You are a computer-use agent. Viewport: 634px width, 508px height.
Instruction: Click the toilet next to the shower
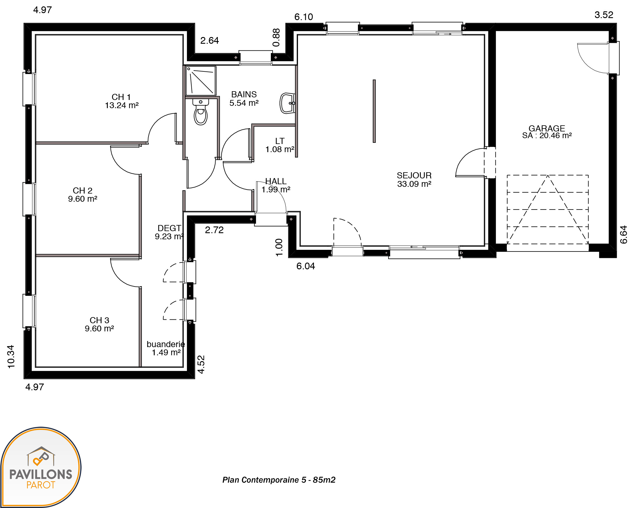tap(201, 112)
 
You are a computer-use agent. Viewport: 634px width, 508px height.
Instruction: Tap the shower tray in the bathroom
tap(201, 81)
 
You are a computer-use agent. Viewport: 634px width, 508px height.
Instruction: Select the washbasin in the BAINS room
tap(287, 103)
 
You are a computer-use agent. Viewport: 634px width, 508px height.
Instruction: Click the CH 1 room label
tap(121, 97)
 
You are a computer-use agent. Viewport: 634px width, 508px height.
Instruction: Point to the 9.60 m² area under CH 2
tap(83, 199)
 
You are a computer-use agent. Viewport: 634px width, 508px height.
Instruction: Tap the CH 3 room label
tap(99, 320)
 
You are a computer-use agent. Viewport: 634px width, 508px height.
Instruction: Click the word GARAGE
tap(547, 128)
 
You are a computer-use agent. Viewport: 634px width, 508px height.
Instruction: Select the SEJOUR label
tap(414, 175)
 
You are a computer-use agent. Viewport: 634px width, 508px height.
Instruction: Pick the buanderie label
tap(166, 344)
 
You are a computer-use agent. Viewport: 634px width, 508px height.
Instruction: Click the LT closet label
tap(280, 141)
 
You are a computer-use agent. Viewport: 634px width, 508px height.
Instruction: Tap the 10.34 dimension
tap(11, 357)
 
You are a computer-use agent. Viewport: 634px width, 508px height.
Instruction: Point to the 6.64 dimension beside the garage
tap(624, 235)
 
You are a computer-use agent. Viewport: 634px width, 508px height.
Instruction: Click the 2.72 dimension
tap(214, 230)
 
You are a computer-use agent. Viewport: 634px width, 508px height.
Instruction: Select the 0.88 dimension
tap(276, 37)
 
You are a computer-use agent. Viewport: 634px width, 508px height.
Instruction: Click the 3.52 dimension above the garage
tap(604, 15)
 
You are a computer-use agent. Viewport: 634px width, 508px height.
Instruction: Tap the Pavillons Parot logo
tap(41, 467)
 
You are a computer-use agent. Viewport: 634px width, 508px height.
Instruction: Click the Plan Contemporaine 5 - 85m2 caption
tap(279, 480)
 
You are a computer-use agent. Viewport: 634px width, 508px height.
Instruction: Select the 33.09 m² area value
tap(414, 184)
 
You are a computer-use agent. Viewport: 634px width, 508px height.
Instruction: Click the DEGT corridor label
tap(169, 228)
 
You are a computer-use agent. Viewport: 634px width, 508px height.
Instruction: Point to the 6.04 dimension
tap(305, 266)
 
